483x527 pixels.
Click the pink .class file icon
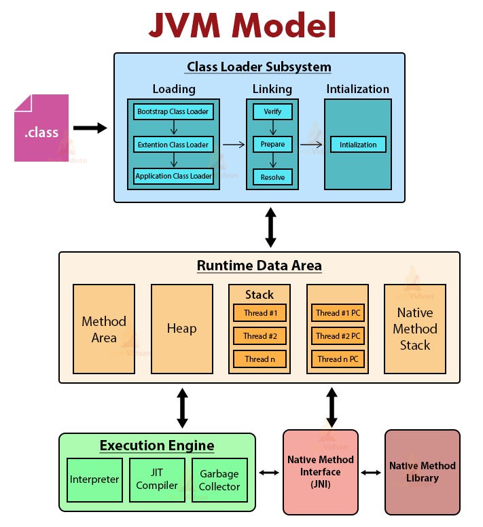[x=41, y=128]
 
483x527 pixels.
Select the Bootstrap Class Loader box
[x=173, y=111]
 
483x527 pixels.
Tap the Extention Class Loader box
[x=173, y=144]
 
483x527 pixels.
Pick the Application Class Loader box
[x=173, y=176]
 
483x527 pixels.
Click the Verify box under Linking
[x=272, y=111]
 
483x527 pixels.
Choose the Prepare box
[x=272, y=144]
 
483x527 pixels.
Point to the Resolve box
[x=272, y=177]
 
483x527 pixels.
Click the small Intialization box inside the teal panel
[x=358, y=144]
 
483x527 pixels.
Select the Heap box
[x=182, y=329]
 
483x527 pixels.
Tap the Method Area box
[x=104, y=329]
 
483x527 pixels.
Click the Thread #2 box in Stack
[x=260, y=335]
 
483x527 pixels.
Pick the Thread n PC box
[x=338, y=359]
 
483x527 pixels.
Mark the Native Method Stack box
[x=415, y=329]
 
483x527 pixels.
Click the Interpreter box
[x=94, y=479]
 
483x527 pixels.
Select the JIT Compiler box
[x=157, y=479]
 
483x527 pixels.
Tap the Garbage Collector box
[x=219, y=479]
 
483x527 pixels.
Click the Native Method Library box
[x=422, y=471]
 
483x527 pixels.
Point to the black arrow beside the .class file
[x=90, y=128]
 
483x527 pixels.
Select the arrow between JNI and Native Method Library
[x=371, y=472]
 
